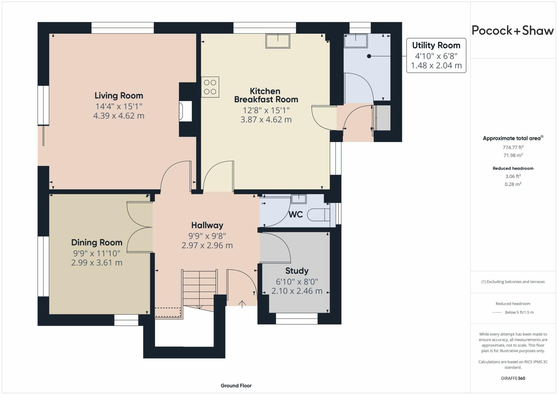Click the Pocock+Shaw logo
(x=512, y=30)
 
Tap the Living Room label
(x=119, y=96)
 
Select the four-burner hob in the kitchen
(x=210, y=87)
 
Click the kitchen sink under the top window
(x=278, y=41)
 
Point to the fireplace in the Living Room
(x=185, y=111)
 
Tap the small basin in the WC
(x=299, y=199)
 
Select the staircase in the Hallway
(x=199, y=289)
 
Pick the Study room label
(x=297, y=271)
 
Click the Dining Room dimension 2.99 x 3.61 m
(x=97, y=263)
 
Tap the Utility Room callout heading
(x=436, y=45)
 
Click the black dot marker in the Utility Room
(x=369, y=56)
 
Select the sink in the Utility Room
(x=356, y=41)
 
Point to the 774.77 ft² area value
(x=513, y=147)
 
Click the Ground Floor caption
(x=236, y=386)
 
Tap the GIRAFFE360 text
(x=513, y=378)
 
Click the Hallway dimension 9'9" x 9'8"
(x=207, y=236)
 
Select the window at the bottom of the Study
(x=297, y=318)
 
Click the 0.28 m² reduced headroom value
(x=513, y=184)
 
